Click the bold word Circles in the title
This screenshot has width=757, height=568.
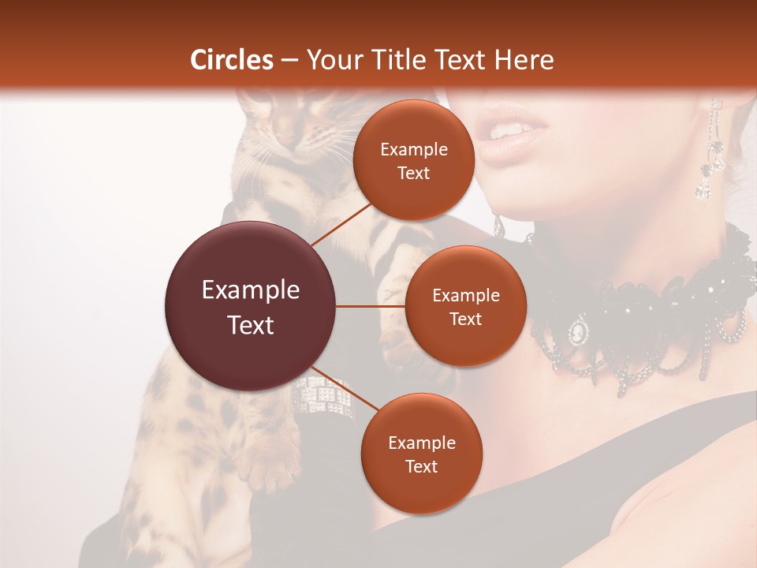tap(231, 60)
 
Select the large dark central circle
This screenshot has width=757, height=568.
tap(250, 306)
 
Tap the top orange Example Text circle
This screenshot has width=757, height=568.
tap(413, 160)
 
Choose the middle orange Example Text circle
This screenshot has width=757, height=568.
tap(465, 306)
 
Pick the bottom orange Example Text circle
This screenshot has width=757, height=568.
tap(421, 454)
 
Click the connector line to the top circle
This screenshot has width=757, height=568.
tap(341, 222)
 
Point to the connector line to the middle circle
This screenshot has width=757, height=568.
tap(370, 306)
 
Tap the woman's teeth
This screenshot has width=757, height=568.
tap(511, 129)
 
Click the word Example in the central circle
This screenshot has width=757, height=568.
tap(250, 290)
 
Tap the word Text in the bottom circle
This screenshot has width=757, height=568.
tap(421, 466)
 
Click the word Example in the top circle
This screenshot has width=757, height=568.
tap(413, 149)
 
